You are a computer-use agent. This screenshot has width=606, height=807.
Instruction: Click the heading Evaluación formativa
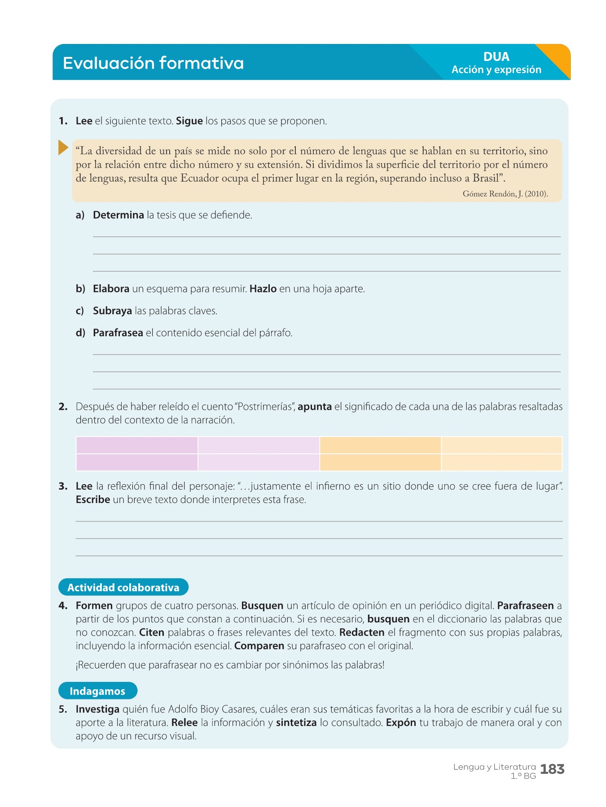coord(153,63)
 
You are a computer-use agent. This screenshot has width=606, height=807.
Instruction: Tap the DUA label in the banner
coord(496,57)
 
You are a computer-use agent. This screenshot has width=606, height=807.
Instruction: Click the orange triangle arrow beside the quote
coord(63,148)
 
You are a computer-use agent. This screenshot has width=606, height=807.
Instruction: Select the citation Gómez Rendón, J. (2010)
coord(505,194)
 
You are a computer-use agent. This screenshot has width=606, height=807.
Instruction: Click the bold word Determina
coord(119,215)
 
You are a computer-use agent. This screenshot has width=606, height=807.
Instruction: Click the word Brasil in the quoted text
coord(486,178)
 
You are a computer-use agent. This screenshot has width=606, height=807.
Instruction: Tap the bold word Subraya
coord(112,311)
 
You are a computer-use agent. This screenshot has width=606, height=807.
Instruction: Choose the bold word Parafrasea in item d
coord(118,333)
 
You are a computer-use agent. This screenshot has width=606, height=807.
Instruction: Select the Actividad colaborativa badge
coord(123,587)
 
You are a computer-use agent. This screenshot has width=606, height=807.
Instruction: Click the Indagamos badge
coord(97,691)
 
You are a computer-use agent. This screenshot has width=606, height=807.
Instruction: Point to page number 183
coord(552,769)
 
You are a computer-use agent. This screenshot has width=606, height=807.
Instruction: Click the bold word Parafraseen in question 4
coord(525,606)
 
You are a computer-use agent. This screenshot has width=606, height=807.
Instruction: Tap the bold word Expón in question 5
coord(401,723)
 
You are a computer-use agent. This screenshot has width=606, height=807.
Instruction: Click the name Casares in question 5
coord(238,709)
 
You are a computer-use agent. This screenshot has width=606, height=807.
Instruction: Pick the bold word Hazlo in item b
coord(263,289)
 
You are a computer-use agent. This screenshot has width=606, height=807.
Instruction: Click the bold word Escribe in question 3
coord(93,500)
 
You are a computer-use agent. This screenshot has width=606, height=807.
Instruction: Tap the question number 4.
coord(63,606)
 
